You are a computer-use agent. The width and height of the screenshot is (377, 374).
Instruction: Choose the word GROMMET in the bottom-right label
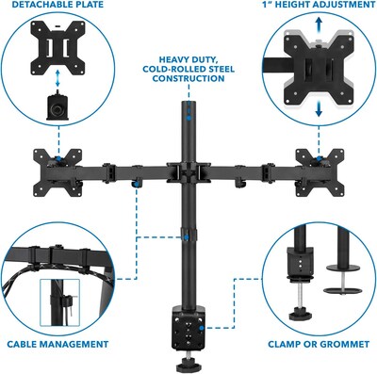pos(344,344)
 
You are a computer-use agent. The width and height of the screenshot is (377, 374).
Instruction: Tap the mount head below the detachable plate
pos(58,106)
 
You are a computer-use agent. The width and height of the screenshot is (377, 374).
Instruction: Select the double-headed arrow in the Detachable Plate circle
pos(58,78)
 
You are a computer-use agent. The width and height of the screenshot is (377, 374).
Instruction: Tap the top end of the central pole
pos(185,105)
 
